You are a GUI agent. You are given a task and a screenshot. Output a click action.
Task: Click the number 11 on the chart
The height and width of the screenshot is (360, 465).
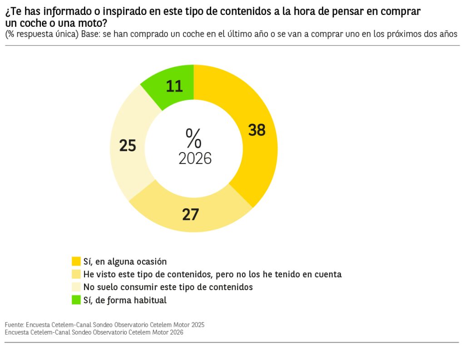coord(174,86)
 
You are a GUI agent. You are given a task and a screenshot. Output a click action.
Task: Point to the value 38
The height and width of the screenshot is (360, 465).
coord(257,130)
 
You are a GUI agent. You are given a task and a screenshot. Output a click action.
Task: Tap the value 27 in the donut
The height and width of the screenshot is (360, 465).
coord(191,215)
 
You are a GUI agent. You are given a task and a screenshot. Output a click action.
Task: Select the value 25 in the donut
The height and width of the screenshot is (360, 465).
coord(128,146)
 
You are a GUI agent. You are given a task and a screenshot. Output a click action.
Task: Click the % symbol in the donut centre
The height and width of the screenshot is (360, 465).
coord(193,138)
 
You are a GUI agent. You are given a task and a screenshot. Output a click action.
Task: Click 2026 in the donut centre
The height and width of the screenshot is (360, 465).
coord(195,158)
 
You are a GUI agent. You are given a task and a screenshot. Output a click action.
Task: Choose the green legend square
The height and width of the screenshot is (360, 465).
coord(76,300)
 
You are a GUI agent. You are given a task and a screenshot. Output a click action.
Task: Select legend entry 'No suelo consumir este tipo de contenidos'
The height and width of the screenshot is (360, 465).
coord(168,287)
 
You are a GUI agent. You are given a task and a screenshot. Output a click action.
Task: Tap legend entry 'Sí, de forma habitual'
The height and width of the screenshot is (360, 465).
coord(125,300)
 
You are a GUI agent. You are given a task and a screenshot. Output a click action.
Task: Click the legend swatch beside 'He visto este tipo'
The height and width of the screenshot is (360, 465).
coord(76,274)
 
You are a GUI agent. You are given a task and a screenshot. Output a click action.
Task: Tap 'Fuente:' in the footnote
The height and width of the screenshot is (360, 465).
coord(14,325)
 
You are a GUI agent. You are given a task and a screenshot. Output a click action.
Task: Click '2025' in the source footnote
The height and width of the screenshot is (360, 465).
coord(198,325)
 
